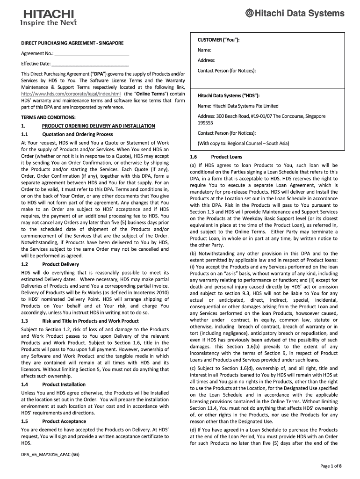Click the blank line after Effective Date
[x=90, y=64]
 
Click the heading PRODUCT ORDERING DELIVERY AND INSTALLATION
[x=98, y=126]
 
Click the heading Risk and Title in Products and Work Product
[x=90, y=320]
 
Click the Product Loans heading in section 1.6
[x=226, y=157]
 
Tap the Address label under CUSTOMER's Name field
[x=206, y=60]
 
